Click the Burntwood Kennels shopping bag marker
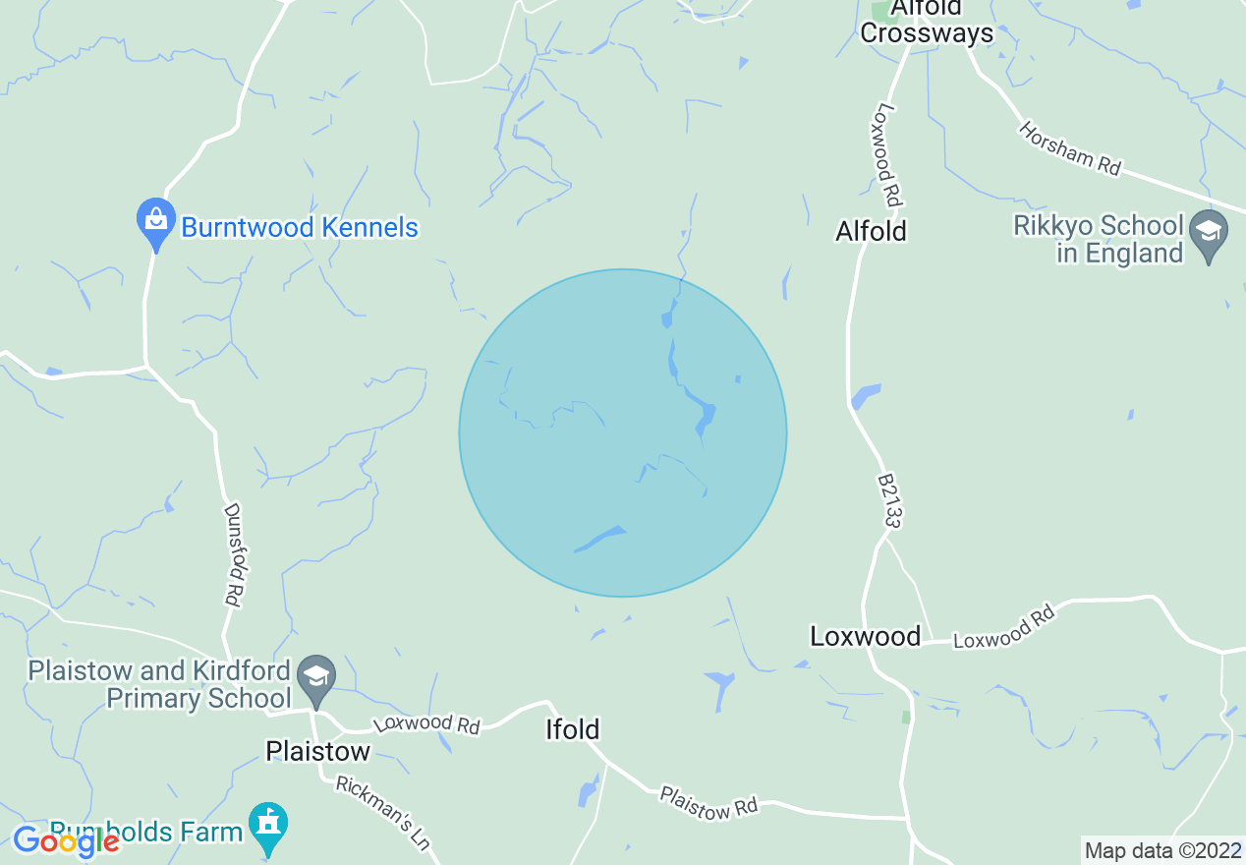[x=155, y=219]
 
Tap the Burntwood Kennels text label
[x=300, y=228]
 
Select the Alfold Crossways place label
[x=927, y=22]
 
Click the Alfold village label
[x=871, y=231]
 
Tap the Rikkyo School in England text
[x=1098, y=240]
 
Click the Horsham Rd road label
[x=1069, y=148]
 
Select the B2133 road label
[x=887, y=501]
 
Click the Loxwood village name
[x=865, y=636]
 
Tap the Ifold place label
[x=572, y=729]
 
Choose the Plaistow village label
[x=317, y=752]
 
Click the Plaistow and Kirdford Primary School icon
[x=316, y=676]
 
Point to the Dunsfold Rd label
[x=233, y=554]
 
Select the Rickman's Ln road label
[x=383, y=813]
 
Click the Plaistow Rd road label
[x=708, y=802]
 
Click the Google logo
[x=66, y=840]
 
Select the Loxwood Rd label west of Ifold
[x=425, y=724]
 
